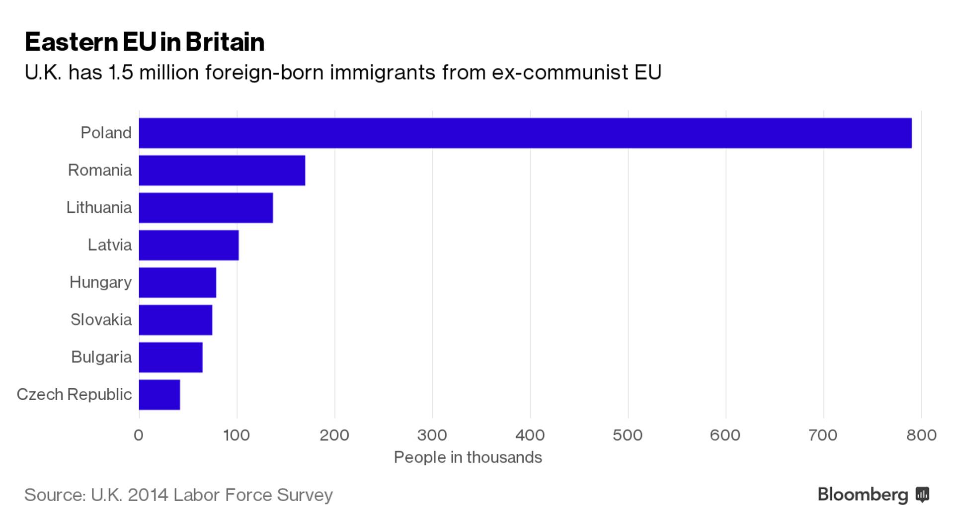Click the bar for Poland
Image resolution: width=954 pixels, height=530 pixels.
pos(525,133)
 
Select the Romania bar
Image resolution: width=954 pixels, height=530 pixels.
pos(222,171)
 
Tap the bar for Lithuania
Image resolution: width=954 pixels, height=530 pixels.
pos(206,208)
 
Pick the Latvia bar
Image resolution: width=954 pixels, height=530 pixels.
pos(189,245)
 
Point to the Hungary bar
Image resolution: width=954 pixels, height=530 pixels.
pos(177,282)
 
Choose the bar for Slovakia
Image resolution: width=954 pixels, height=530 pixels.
pos(175,320)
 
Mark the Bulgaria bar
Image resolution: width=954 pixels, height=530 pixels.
pos(170,357)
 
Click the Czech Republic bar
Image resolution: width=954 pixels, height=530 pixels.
pos(159,395)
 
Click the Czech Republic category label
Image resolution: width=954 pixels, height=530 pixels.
pos(74,394)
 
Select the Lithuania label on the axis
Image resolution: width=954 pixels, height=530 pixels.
pos(99,207)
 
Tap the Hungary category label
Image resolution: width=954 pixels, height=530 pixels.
pos(100,282)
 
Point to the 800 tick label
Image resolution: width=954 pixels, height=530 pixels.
pos(921,435)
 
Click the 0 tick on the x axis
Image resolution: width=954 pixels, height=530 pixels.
pos(139,435)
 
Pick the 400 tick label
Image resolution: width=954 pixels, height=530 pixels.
pos(530,435)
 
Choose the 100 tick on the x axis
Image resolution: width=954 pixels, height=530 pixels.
pos(237,435)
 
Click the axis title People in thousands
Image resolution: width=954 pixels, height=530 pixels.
pos(468,457)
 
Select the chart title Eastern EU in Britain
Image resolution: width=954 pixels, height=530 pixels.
pos(145,42)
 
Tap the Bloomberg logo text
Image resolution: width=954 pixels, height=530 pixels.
pos(863,495)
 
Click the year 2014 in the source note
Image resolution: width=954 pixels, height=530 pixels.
pos(148,495)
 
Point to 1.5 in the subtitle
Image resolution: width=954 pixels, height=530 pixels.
pos(120,73)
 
